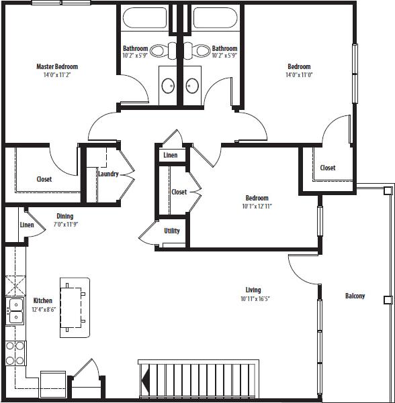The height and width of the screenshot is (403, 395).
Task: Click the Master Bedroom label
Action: point(57,66)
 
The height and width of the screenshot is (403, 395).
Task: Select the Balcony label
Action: point(355,296)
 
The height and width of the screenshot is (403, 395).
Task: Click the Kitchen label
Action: point(43,300)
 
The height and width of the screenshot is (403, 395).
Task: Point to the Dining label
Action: point(64,216)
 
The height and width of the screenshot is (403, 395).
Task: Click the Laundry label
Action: point(108,174)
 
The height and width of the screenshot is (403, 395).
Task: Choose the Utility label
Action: point(172,231)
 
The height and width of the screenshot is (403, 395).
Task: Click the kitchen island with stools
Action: point(75,306)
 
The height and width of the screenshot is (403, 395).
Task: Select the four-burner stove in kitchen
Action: point(15,354)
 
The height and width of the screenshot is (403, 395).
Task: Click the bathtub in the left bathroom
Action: point(144,17)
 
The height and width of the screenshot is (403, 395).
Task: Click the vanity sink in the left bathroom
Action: point(167,85)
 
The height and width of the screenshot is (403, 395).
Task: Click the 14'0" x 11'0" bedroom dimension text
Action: point(299,75)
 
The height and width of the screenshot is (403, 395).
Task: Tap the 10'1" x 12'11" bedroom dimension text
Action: point(257,206)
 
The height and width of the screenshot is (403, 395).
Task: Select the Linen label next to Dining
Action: point(27,225)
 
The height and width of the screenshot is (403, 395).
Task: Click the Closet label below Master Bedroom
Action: point(44,179)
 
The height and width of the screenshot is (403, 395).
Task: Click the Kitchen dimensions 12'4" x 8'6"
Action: point(43,309)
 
